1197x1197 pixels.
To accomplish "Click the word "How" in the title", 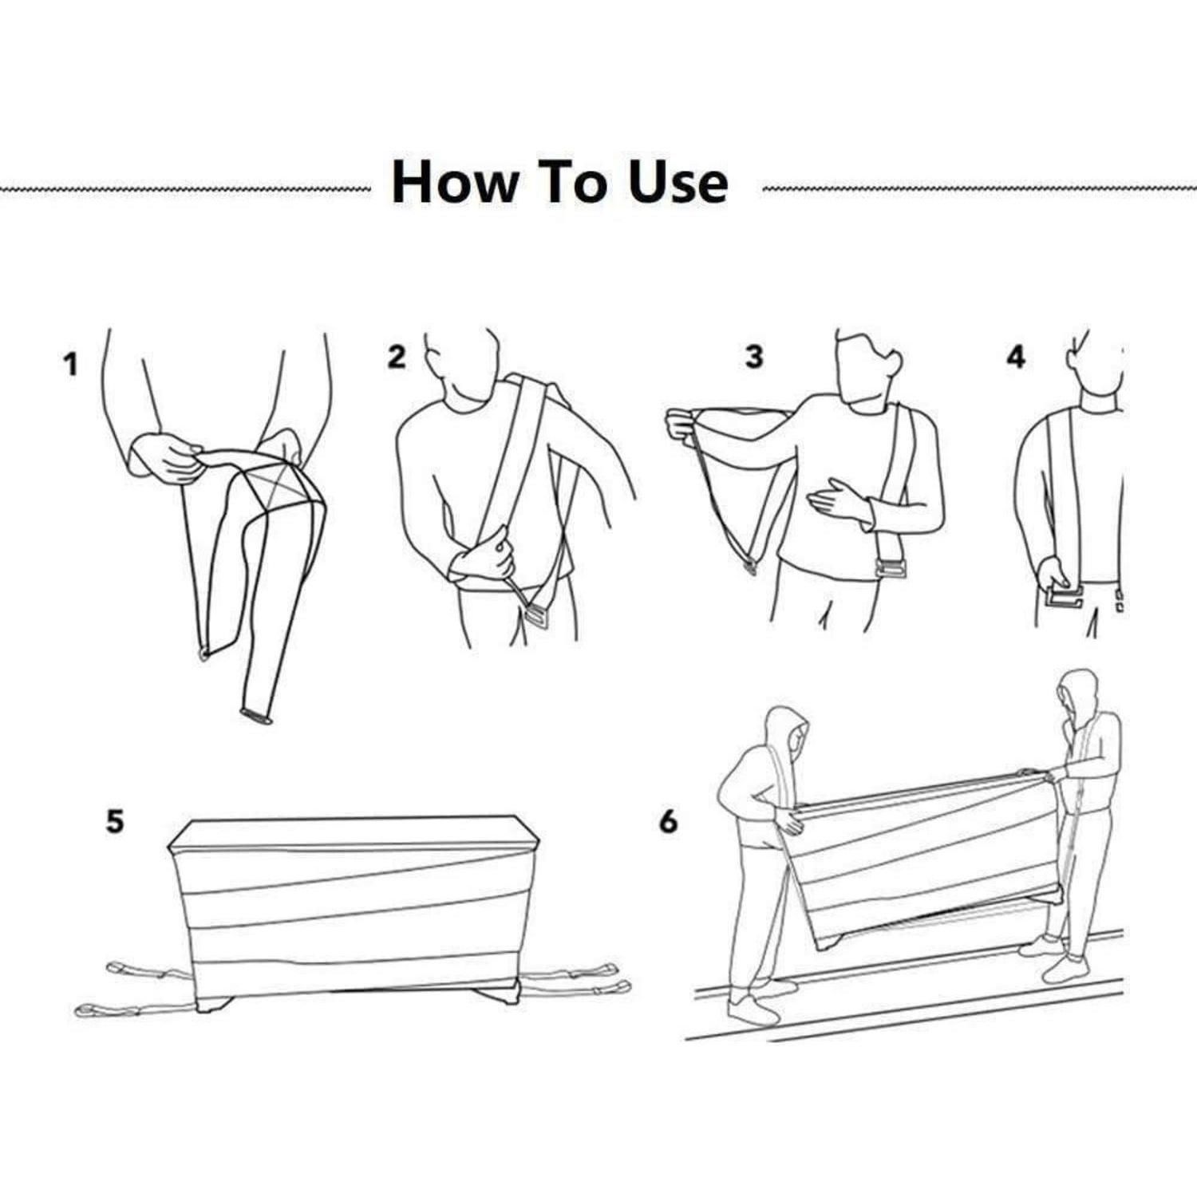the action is click(x=454, y=182).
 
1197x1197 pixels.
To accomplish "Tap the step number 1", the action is click(x=72, y=365).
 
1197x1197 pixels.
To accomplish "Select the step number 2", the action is click(x=397, y=357).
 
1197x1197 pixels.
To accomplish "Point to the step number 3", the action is click(x=754, y=357).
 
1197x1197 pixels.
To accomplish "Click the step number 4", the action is click(x=1015, y=357).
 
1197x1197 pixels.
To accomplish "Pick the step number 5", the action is click(x=116, y=821).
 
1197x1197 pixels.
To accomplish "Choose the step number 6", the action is click(x=669, y=821).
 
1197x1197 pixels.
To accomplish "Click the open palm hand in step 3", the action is click(x=838, y=500).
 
